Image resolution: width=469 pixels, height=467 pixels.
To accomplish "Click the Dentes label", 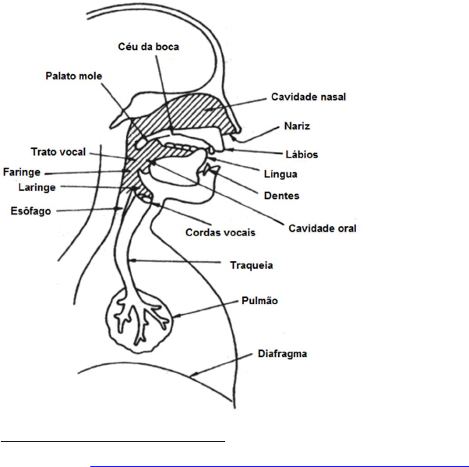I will click(280, 196).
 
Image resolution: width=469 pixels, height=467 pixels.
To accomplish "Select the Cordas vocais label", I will click(220, 232).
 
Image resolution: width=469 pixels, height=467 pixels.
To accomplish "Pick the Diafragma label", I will click(281, 353).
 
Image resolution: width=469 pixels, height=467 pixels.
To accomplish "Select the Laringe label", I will click(36, 188).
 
